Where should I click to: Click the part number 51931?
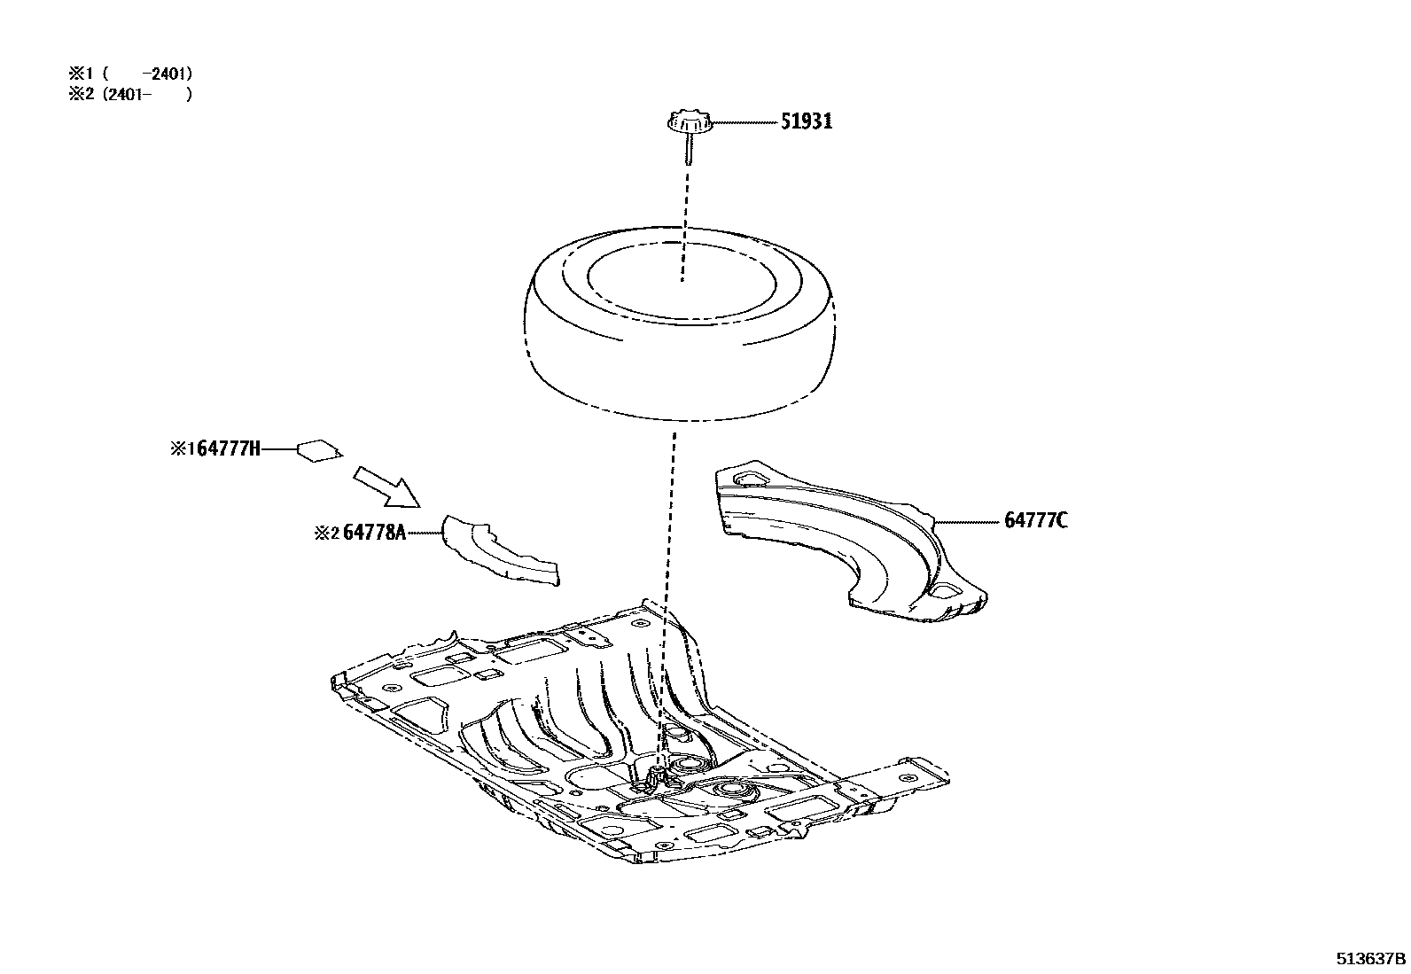tap(806, 122)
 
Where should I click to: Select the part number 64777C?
tap(1035, 520)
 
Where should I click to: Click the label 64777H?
tap(228, 449)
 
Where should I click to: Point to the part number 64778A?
tap(374, 533)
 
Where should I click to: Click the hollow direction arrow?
tap(386, 486)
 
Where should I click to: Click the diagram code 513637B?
tap(1371, 958)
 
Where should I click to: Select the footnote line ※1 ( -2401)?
tap(130, 74)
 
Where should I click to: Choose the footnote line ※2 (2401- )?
tap(130, 94)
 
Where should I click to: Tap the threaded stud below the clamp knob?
tap(688, 152)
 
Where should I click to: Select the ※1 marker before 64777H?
tap(182, 449)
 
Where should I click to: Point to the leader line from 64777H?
tap(279, 450)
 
